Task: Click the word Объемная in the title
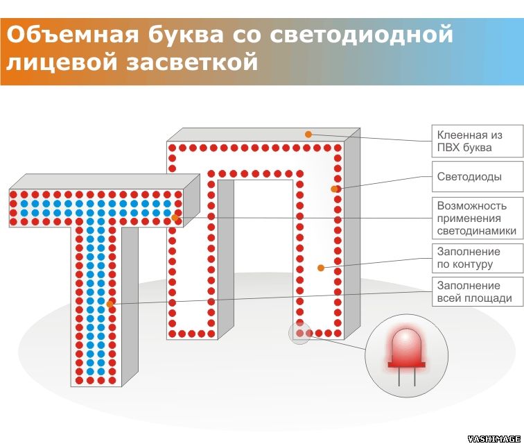pyautogui.click(x=72, y=34)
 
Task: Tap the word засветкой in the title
pyautogui.click(x=192, y=62)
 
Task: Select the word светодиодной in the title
pyautogui.click(x=361, y=35)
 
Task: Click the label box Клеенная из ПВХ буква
pyautogui.click(x=477, y=141)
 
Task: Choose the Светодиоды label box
pyautogui.click(x=477, y=177)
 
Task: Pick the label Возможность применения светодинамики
pyautogui.click(x=477, y=218)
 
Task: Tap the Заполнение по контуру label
pyautogui.click(x=477, y=258)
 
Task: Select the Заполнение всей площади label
pyautogui.click(x=477, y=291)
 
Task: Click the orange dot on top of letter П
pyautogui.click(x=308, y=135)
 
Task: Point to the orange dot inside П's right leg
pyautogui.click(x=321, y=268)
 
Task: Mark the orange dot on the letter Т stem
pyautogui.click(x=110, y=305)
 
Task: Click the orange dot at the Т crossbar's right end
pyautogui.click(x=175, y=218)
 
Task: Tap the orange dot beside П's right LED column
pyautogui.click(x=334, y=189)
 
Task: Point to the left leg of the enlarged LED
pyautogui.click(x=399, y=377)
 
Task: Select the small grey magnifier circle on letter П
pyautogui.click(x=299, y=333)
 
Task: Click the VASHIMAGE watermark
pyautogui.click(x=495, y=439)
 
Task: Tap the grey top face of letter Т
pyautogui.click(x=105, y=182)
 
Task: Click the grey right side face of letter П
pyautogui.click(x=352, y=234)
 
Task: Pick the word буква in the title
pyautogui.click(x=186, y=35)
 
